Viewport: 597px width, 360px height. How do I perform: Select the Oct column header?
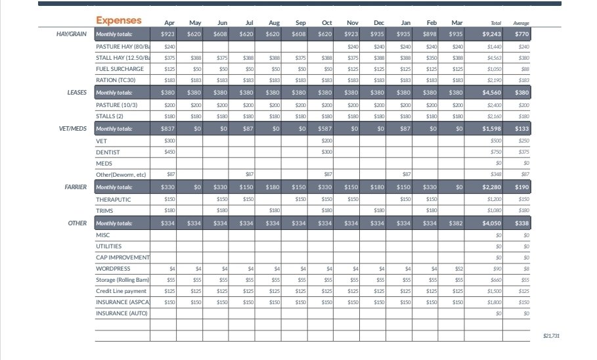click(326, 23)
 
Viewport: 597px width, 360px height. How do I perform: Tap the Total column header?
click(496, 23)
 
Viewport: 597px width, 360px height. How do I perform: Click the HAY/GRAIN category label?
click(72, 34)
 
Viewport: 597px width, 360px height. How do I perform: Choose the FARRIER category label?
click(76, 187)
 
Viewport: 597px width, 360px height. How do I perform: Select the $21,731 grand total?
click(552, 336)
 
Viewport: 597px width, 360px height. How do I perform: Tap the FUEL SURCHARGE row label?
click(120, 68)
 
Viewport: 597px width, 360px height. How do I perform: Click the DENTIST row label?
click(106, 152)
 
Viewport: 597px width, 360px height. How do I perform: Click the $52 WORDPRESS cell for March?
click(458, 269)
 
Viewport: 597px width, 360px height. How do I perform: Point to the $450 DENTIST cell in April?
click(169, 152)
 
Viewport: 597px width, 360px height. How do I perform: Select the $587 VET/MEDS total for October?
click(325, 129)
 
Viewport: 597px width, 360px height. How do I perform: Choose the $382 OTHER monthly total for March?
click(456, 223)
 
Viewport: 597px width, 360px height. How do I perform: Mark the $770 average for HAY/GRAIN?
click(522, 34)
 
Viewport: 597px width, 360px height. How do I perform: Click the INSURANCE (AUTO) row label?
click(122, 313)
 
